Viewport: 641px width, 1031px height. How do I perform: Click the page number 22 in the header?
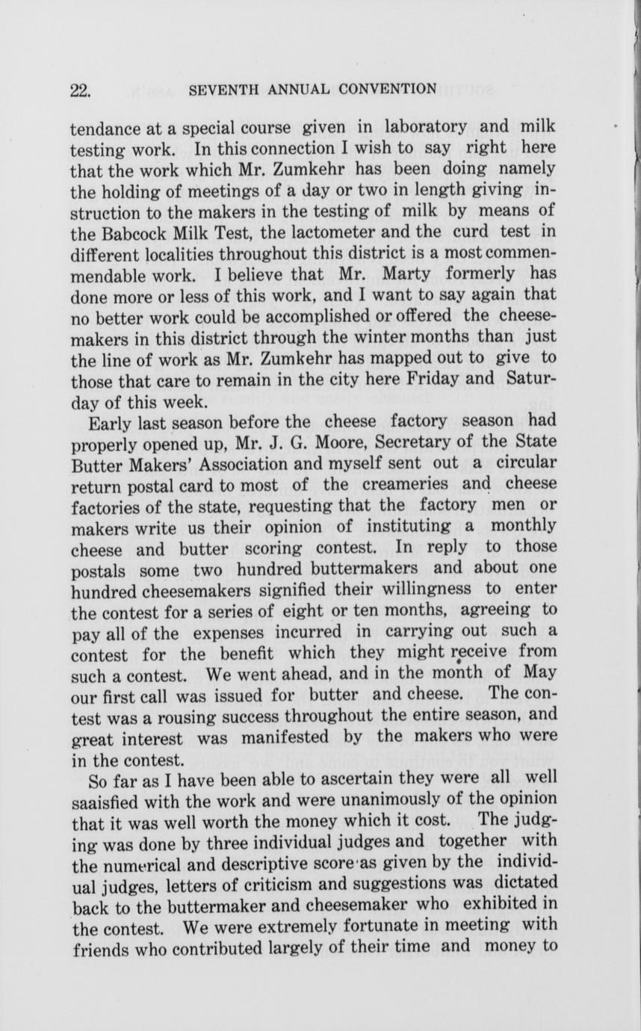(x=79, y=90)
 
